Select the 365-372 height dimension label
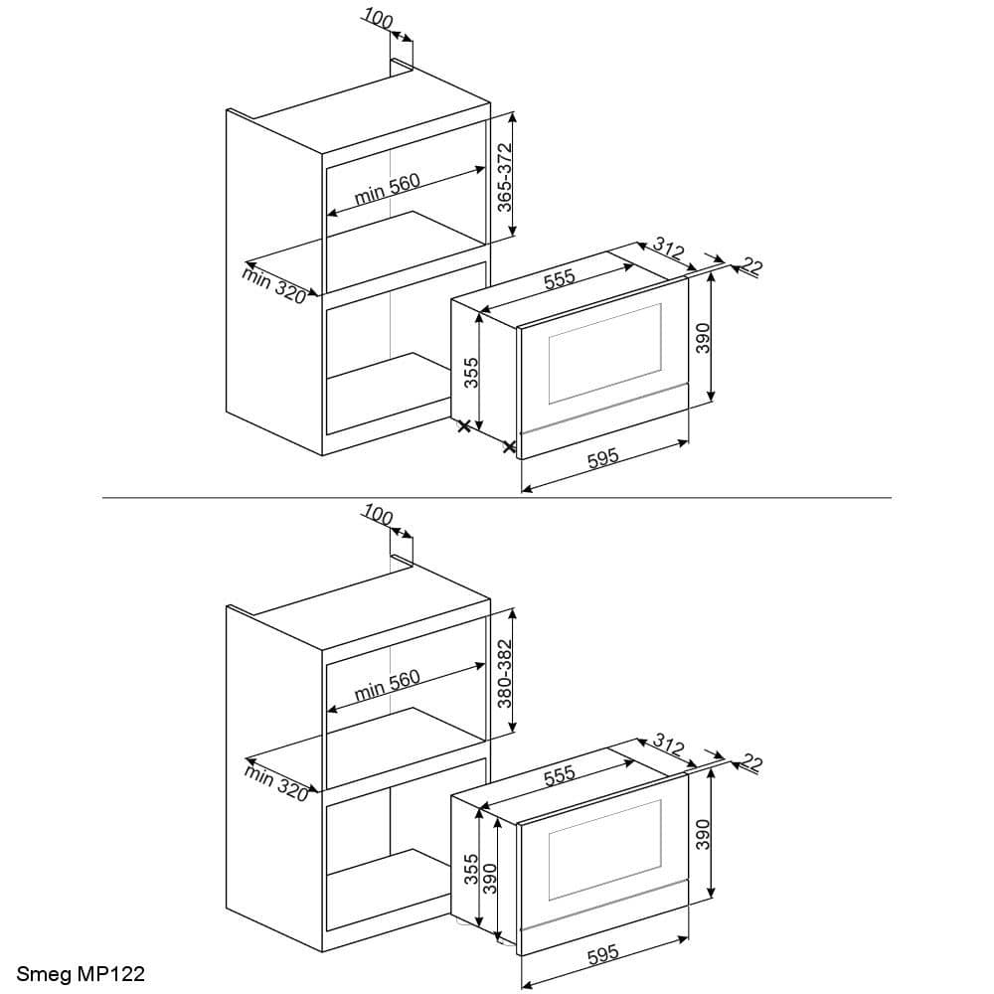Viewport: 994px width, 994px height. [x=504, y=177]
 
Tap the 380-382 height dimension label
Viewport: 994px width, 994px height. [x=504, y=673]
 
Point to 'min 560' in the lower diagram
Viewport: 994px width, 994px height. [x=388, y=685]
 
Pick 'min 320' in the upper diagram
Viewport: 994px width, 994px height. [x=274, y=284]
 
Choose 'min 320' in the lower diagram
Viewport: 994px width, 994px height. [x=274, y=781]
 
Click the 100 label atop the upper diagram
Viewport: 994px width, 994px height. [x=379, y=19]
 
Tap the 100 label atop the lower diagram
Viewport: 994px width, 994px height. [x=379, y=515]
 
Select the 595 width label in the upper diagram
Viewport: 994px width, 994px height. [x=603, y=457]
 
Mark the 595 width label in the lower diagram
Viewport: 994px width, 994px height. [x=603, y=954]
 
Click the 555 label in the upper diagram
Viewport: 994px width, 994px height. [x=560, y=279]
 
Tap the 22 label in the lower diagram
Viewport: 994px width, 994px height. [x=752, y=763]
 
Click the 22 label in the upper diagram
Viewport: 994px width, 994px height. [x=752, y=266]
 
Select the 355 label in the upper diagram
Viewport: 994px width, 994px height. [x=472, y=373]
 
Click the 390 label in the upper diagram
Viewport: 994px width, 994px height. [x=702, y=339]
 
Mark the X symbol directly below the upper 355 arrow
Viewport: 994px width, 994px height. [x=464, y=426]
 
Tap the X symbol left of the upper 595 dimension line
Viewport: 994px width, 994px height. [x=510, y=447]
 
